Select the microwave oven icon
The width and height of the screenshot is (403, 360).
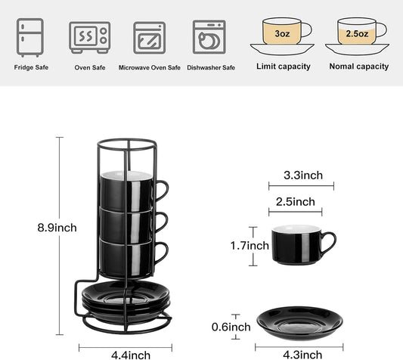click(149, 36)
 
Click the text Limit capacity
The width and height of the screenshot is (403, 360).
click(284, 67)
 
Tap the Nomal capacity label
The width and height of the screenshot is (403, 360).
click(359, 67)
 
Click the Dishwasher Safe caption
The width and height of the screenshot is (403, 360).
click(211, 67)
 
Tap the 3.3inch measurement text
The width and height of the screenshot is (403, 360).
click(302, 175)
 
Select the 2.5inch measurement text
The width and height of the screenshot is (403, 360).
click(295, 201)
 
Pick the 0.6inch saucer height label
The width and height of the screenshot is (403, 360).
click(231, 327)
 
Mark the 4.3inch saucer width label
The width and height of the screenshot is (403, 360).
click(296, 354)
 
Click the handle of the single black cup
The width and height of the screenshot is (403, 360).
click(330, 244)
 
